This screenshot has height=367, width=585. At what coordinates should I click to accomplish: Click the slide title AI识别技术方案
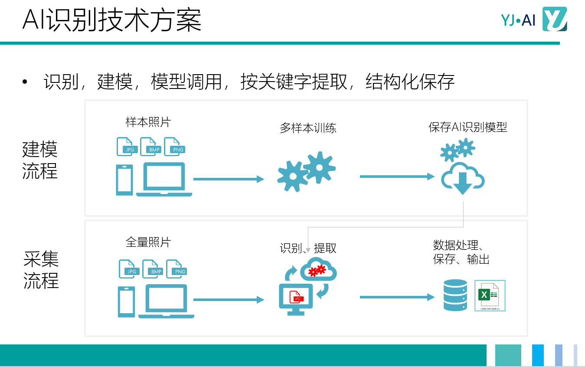click(x=112, y=20)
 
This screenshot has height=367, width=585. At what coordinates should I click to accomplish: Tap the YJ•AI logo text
click(x=518, y=20)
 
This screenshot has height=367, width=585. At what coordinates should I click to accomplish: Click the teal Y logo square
click(x=555, y=20)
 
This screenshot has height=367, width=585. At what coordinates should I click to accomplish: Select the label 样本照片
click(x=148, y=122)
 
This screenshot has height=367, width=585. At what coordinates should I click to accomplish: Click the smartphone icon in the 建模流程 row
click(x=124, y=180)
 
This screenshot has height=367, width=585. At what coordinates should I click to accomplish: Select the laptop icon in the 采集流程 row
click(x=167, y=301)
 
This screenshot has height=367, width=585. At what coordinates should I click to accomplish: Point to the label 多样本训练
click(x=308, y=128)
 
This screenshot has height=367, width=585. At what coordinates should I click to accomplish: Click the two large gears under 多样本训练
click(x=307, y=171)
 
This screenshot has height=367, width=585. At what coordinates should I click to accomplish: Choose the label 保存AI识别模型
click(x=468, y=127)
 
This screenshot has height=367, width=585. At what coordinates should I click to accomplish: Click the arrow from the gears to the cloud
click(x=397, y=177)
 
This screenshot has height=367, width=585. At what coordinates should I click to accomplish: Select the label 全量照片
click(x=148, y=242)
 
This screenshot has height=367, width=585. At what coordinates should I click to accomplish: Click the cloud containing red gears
click(x=318, y=269)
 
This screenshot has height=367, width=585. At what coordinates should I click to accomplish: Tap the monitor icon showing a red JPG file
click(x=296, y=299)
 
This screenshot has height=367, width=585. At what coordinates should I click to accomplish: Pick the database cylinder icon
click(x=455, y=295)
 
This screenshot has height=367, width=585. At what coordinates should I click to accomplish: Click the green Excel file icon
click(x=490, y=295)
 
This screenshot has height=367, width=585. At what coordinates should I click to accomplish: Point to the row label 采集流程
click(x=41, y=270)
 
